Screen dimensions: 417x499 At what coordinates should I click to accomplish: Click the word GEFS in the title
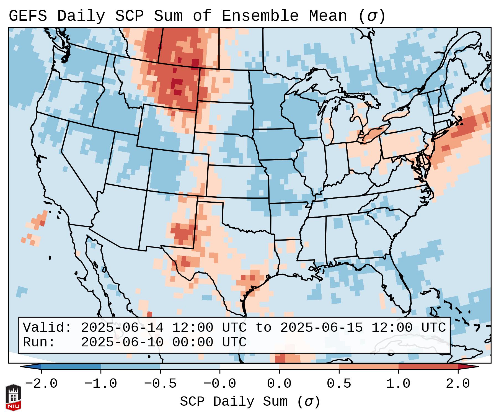click(x=28, y=16)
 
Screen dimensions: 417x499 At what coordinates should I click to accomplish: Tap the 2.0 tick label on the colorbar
click(x=458, y=384)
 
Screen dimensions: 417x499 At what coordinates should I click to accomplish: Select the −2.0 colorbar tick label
click(x=41, y=384)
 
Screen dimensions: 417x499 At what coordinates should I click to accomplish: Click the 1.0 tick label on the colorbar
click(x=398, y=384)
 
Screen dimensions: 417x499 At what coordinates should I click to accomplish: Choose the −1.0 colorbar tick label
click(x=101, y=384)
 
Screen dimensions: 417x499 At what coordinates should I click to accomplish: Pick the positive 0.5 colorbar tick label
click(x=339, y=384)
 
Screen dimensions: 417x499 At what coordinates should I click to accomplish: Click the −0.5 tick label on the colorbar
click(x=160, y=384)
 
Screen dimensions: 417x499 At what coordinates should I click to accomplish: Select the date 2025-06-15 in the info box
click(x=321, y=328)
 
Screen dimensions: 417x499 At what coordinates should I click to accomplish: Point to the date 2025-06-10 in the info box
click(x=122, y=342)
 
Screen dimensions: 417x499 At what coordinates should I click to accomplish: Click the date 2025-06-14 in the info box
click(x=122, y=328)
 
